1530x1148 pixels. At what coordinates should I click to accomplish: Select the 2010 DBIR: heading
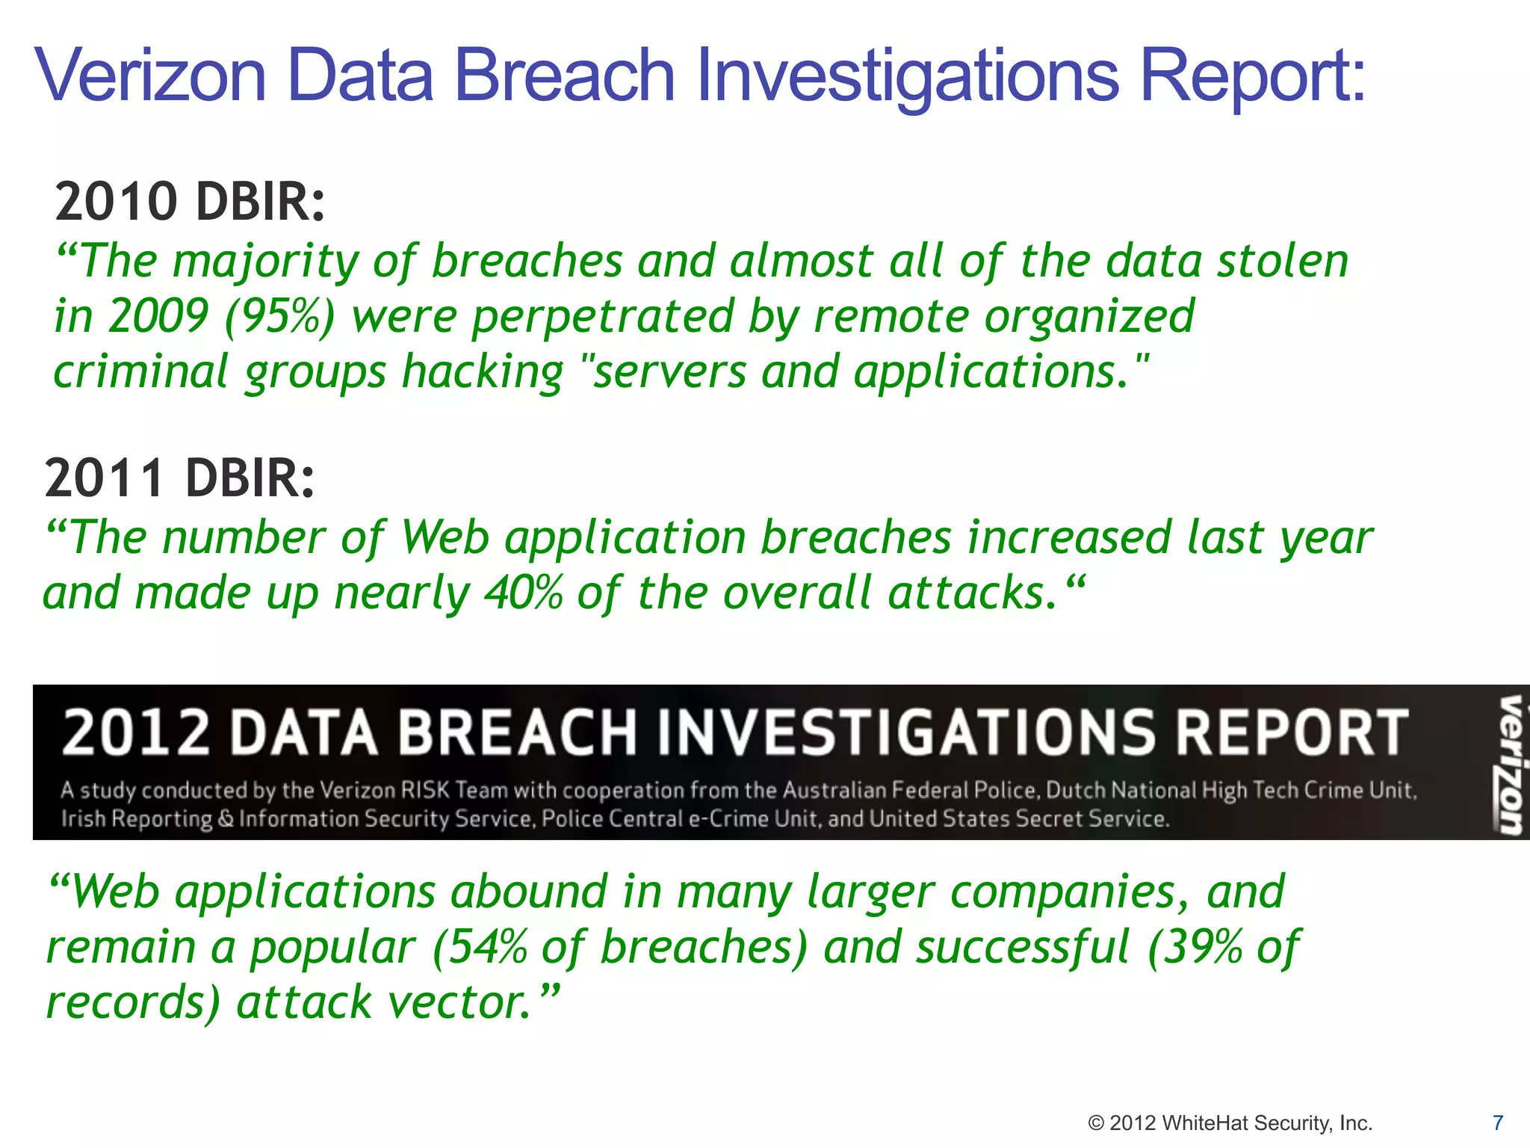(191, 202)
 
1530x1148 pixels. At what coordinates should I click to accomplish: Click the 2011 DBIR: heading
(180, 478)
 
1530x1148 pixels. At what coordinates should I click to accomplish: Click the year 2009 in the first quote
(158, 316)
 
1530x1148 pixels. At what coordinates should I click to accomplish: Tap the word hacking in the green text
(483, 372)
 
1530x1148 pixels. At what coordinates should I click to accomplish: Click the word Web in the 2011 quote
(445, 537)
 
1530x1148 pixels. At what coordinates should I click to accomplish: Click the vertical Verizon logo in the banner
(1508, 764)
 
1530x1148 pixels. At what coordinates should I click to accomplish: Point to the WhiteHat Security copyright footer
(1230, 1123)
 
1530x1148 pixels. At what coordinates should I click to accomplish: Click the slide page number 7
(1497, 1123)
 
